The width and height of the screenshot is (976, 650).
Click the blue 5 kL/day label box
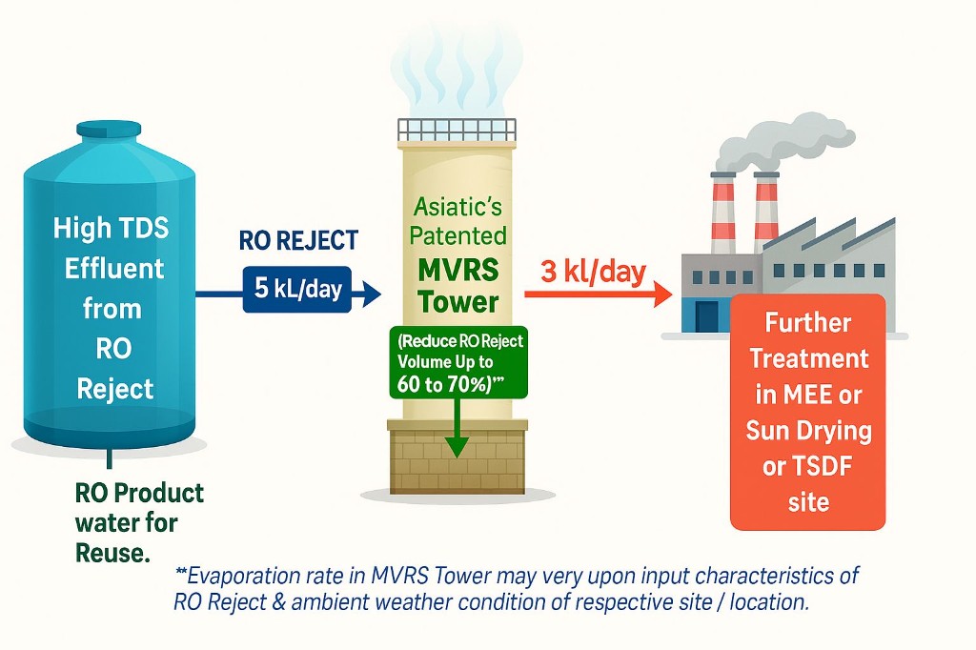(x=296, y=287)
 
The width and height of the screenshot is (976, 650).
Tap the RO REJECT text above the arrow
(x=297, y=242)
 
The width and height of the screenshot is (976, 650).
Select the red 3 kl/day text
(x=594, y=273)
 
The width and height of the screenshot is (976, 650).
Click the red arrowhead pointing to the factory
(x=659, y=295)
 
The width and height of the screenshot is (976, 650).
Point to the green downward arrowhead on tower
(x=457, y=444)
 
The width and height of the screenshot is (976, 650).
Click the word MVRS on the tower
(x=457, y=270)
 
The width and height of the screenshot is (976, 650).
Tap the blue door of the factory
(x=706, y=314)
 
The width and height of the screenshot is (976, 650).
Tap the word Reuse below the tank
(x=112, y=552)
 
